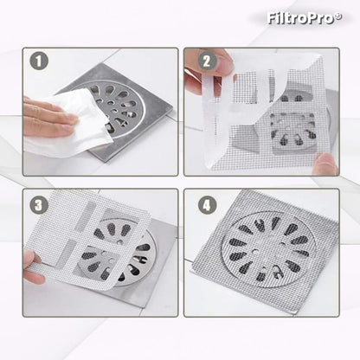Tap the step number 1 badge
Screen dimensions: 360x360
[x=39, y=61]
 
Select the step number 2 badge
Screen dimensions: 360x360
[x=207, y=61]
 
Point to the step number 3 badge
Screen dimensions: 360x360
[x=39, y=205]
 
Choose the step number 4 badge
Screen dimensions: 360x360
[x=207, y=205]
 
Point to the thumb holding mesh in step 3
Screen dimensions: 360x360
[x=33, y=267]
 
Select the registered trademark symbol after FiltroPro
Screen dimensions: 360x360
[x=338, y=16]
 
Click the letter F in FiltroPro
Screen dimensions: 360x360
[x=272, y=18]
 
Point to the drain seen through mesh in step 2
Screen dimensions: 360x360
[x=292, y=128]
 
